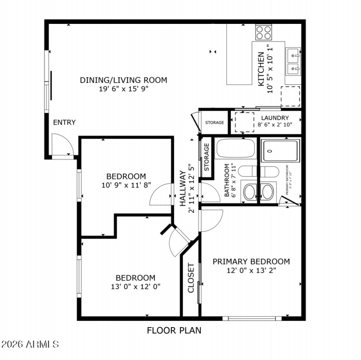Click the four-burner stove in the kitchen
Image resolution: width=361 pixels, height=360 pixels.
[264, 32]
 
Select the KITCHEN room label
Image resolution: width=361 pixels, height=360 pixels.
[261, 69]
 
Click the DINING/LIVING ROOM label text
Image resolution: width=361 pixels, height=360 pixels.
[123, 80]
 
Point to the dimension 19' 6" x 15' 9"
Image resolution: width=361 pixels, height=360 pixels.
[123, 89]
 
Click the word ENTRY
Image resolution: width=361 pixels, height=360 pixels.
[64, 122]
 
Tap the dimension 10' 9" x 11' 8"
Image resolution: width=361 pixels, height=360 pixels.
[126, 185]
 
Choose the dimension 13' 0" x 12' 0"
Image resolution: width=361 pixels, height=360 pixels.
[135, 286]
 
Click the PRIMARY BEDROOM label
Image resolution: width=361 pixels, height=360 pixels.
[251, 262]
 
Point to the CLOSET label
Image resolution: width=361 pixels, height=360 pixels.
[190, 277]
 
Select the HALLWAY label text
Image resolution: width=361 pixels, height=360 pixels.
[183, 189]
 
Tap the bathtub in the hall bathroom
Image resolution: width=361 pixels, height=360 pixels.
[235, 148]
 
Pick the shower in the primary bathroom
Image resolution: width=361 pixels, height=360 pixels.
[281, 150]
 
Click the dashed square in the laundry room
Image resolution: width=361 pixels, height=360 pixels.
[245, 122]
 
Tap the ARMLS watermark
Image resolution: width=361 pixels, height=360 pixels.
[30, 344]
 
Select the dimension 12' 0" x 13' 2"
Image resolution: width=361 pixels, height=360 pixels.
[251, 271]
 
